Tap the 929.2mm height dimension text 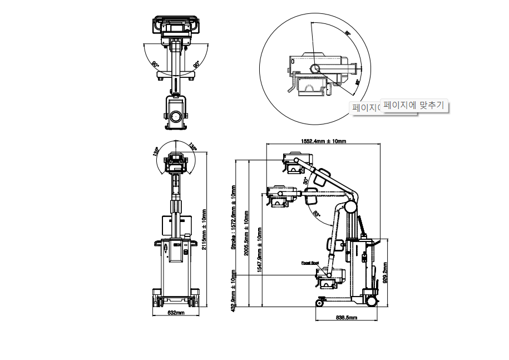pos(386,272)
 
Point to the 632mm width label pos(176,313)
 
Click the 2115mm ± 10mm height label pos(204,229)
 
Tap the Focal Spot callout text pos(310,263)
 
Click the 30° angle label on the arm pos(305,181)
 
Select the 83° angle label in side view pos(317,213)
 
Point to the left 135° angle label pos(157,151)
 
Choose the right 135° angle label pos(192,147)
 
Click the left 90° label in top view pos(155,64)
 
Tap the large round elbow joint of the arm pos(350,206)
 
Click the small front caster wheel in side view pos(320,302)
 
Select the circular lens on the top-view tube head pos(176,116)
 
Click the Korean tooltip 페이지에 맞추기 pos(414,105)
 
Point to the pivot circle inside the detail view pos(315,69)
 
